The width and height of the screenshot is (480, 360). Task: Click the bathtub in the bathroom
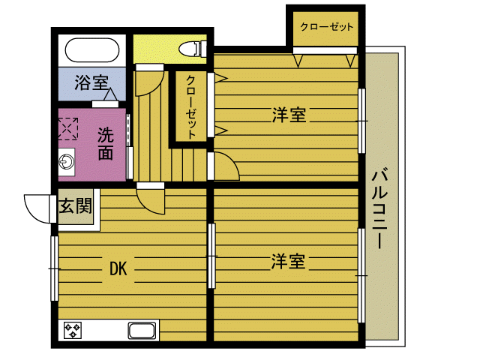pyautogui.click(x=91, y=52)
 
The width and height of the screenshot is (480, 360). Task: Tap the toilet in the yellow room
pyautogui.click(x=192, y=49)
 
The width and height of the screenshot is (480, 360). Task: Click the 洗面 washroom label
pyautogui.click(x=106, y=144)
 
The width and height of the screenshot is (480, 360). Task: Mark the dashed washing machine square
pyautogui.click(x=69, y=127)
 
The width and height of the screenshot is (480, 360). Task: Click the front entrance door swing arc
pyautogui.click(x=37, y=206)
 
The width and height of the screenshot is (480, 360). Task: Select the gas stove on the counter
pyautogui.click(x=73, y=331)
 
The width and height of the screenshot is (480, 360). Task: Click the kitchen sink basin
pyautogui.click(x=142, y=331)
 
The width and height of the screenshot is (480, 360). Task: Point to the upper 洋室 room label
pyautogui.click(x=288, y=115)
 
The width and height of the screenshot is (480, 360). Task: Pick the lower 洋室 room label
pyautogui.click(x=288, y=262)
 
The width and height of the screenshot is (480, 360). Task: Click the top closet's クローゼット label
pyautogui.click(x=326, y=27)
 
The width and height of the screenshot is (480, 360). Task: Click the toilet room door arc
pyautogui.click(x=151, y=76)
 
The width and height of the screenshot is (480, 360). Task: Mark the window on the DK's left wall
pyautogui.click(x=55, y=268)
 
